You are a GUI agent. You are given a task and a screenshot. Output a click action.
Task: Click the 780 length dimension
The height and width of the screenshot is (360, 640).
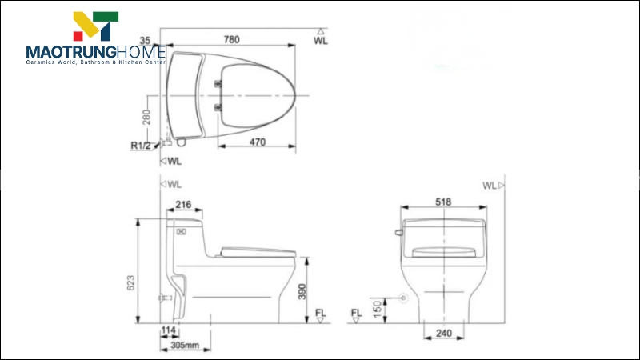tap(230, 39)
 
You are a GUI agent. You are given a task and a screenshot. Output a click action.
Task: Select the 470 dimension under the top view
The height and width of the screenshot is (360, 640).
tap(258, 142)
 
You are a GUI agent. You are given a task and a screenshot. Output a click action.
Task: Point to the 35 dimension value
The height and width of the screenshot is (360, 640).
tap(145, 39)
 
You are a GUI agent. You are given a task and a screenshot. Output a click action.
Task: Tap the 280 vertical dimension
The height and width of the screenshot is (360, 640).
tap(146, 118)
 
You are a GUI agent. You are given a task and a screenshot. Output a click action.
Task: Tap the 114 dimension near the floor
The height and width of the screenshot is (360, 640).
tap(168, 330)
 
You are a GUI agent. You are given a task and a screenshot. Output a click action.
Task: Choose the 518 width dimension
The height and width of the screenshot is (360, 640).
tap(444, 203)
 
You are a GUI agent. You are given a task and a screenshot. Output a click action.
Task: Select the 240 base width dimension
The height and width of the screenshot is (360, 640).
tap(444, 332)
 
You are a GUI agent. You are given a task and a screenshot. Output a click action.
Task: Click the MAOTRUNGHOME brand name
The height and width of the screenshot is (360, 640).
tap(95, 52)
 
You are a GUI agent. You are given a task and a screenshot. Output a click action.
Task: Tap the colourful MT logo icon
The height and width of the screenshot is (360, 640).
tap(95, 26)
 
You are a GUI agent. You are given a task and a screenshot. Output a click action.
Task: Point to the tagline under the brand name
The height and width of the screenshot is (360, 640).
tap(95, 63)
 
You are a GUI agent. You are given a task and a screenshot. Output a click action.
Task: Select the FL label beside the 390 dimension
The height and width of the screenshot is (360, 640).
tap(320, 312)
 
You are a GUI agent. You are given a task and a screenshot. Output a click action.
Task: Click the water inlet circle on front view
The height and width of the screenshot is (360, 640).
tap(403, 298)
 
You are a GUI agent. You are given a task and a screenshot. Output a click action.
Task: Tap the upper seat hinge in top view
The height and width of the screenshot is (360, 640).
tap(218, 82)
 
